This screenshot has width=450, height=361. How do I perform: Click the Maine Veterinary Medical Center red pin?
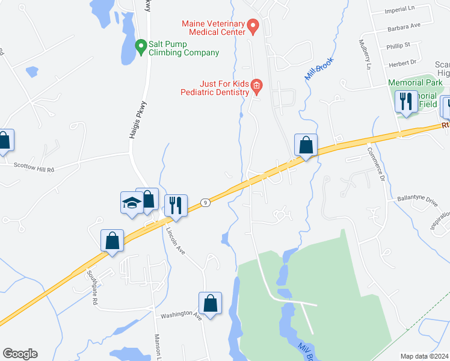(253, 26)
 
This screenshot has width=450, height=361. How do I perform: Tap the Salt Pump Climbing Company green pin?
(141, 46)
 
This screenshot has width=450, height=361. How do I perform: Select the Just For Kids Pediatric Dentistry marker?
(256, 86)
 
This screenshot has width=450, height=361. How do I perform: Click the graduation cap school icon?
(132, 203)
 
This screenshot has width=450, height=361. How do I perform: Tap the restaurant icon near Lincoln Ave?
(176, 206)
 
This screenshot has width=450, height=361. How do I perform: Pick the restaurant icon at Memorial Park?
(406, 102)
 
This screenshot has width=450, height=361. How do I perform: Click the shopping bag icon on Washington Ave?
(211, 303)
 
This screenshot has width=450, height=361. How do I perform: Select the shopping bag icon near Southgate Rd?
(112, 241)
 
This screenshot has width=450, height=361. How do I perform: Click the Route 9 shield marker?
(205, 203)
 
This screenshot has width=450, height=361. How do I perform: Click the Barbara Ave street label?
(403, 26)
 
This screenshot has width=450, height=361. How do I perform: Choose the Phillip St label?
(399, 45)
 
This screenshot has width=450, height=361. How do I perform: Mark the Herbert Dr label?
(402, 62)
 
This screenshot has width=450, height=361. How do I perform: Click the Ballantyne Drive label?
(419, 198)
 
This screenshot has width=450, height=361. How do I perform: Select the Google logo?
(20, 354)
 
